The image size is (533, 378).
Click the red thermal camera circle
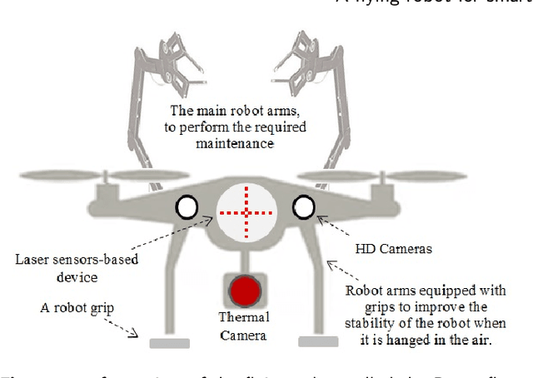pos(246,291)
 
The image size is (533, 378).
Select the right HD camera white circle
pos(304,205)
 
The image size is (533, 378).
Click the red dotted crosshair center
pos(246,211)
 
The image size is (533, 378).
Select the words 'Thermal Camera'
pos(243,326)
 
